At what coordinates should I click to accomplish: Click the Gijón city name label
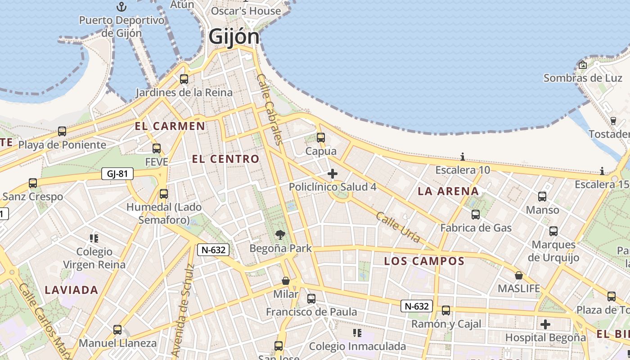click(x=234, y=37)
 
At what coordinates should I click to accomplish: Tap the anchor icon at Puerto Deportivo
click(x=121, y=7)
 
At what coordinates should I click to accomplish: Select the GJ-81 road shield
click(x=117, y=174)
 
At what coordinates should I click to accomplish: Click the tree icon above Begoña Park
click(x=280, y=234)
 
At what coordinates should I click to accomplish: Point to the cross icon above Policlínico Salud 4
click(x=333, y=174)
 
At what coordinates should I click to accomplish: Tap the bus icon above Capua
click(x=321, y=138)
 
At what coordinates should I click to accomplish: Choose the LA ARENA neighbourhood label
click(x=448, y=191)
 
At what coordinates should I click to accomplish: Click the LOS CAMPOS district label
click(x=424, y=261)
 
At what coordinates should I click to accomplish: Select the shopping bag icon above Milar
click(x=286, y=281)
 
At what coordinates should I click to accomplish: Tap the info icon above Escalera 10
click(x=463, y=157)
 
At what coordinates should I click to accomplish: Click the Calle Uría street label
click(x=398, y=227)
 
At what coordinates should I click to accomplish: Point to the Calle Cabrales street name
click(x=269, y=109)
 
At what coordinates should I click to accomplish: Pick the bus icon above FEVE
click(x=157, y=148)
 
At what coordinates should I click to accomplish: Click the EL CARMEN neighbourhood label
click(x=170, y=126)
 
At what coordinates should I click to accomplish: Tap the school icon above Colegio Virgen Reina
click(x=94, y=238)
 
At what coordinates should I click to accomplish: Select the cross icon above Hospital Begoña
click(x=545, y=324)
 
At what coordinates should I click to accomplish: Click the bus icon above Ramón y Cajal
click(x=446, y=310)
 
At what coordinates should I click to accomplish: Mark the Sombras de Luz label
click(x=583, y=78)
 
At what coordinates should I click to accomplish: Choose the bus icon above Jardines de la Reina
click(x=184, y=79)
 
